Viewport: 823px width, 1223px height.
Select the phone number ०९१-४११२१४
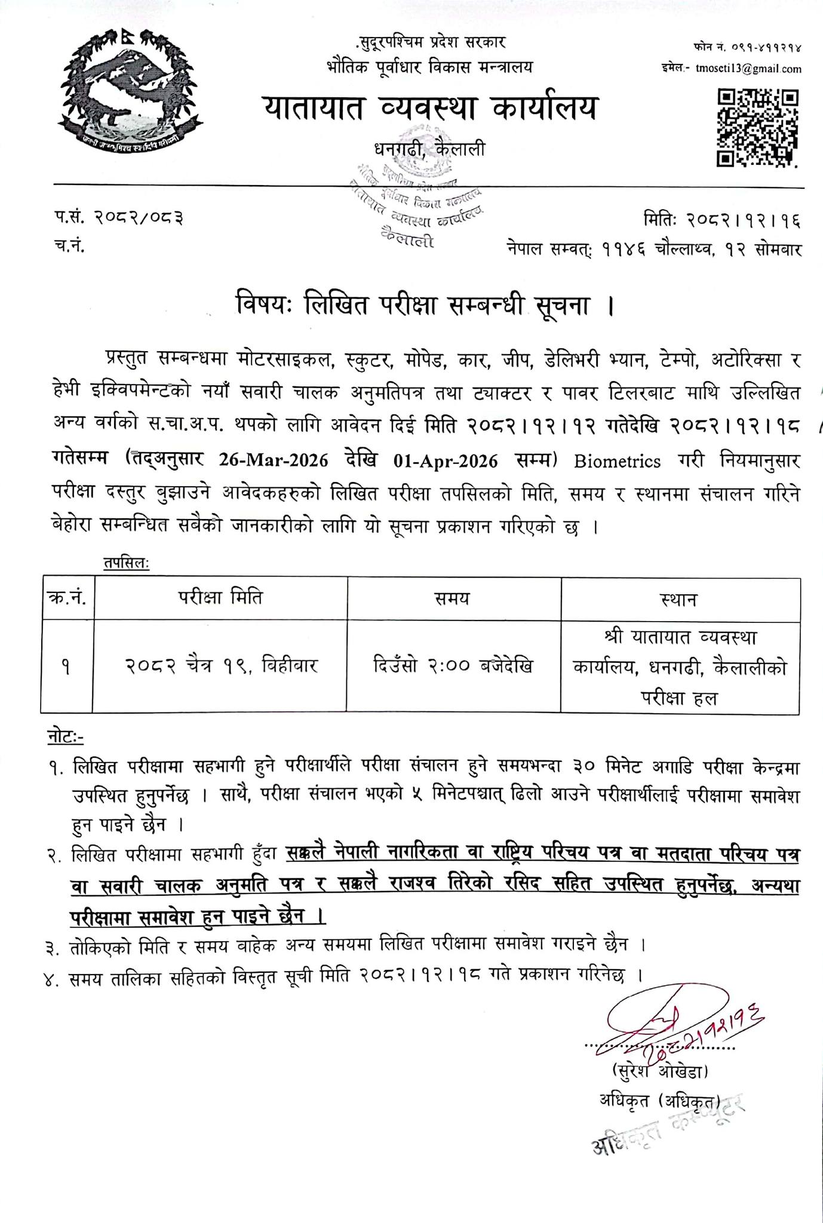767,46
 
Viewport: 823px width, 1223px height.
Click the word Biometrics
617,461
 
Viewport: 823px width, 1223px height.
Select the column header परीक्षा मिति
220,598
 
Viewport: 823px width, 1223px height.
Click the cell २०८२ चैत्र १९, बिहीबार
221,665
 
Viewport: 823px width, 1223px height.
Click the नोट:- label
66,738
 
